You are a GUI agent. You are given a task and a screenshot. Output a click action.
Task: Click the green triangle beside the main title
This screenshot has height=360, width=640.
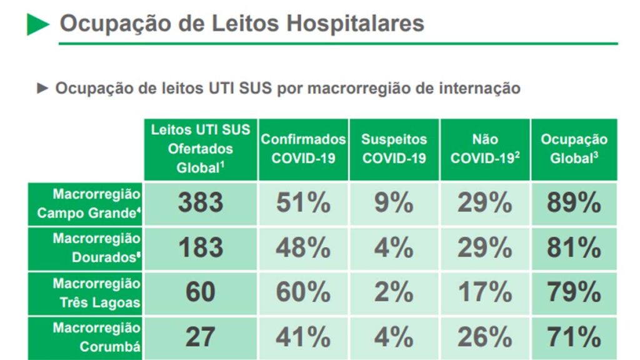coord(37,24)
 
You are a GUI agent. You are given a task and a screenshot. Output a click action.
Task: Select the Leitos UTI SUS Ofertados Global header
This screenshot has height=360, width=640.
coord(201,149)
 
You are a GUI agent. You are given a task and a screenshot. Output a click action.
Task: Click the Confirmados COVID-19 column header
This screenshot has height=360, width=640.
coord(303,149)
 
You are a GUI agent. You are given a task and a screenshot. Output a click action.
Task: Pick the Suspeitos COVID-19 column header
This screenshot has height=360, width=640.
coord(394,149)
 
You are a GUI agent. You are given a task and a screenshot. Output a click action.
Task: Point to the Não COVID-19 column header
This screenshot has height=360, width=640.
coord(485,149)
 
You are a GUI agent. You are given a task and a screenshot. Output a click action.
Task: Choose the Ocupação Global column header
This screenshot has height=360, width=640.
coord(574,149)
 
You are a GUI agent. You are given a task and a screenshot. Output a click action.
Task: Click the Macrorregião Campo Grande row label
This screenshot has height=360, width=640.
coord(87,203)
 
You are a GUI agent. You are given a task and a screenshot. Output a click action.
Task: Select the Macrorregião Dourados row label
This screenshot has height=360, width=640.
coord(87,248)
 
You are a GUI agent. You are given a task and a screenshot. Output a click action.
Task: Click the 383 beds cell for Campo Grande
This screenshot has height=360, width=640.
coord(201,203)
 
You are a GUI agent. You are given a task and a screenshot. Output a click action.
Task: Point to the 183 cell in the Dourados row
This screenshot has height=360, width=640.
coord(201,248)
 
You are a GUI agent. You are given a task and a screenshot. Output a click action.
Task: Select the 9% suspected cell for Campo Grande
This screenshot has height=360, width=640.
coord(394,203)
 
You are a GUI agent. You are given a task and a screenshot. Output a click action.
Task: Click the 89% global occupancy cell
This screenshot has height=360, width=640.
coord(574,203)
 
